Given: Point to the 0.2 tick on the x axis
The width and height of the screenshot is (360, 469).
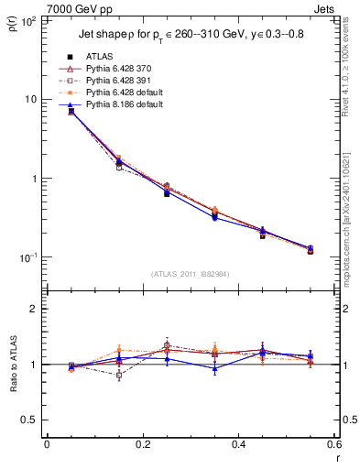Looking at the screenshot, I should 142,444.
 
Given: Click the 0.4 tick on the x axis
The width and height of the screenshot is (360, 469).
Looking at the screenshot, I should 238,444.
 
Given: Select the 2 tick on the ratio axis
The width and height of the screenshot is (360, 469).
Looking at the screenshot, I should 31,309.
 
